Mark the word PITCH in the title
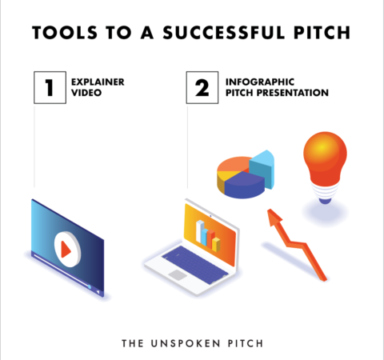coord(320,34)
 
